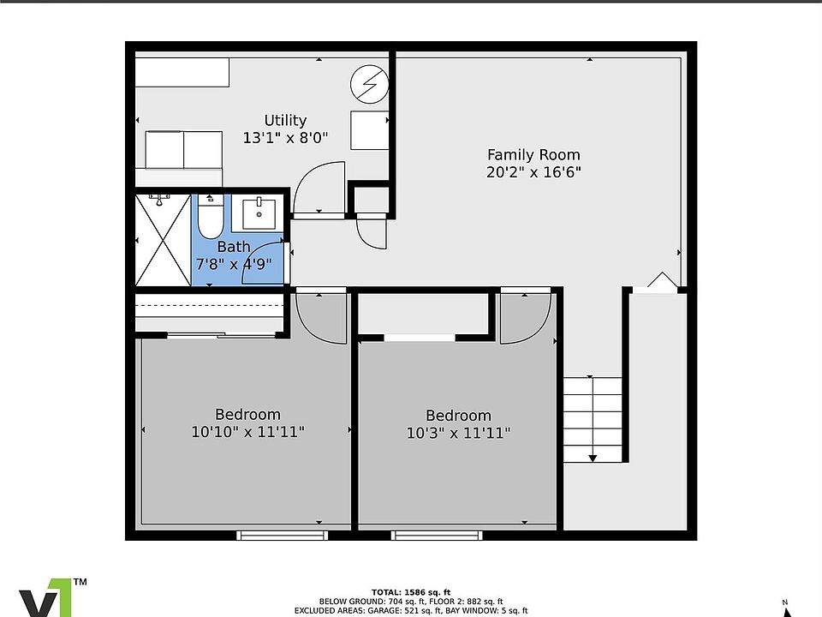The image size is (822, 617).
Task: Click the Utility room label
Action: pos(285,121)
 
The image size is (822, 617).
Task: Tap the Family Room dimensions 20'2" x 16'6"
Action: pos(533,172)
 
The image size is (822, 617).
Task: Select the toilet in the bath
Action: pos(211,216)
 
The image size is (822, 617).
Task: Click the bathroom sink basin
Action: pos(259,214)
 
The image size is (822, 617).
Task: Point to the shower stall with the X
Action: pos(163,240)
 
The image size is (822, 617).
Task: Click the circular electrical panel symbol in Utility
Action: pos(370,84)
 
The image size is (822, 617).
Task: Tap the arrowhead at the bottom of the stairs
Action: pos(593,458)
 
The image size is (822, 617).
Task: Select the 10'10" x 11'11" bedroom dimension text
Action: pos(248,432)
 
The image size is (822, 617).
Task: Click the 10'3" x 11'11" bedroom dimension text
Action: pos(459,433)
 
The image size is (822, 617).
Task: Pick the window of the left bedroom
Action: pos(282,535)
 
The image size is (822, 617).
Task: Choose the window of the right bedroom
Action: pos(436,535)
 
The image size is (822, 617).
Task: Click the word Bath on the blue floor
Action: pos(234,247)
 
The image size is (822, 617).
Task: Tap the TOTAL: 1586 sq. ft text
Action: pos(411,592)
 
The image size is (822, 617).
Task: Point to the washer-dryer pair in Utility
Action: pos(183,150)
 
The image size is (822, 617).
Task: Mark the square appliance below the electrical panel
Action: pos(370,130)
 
